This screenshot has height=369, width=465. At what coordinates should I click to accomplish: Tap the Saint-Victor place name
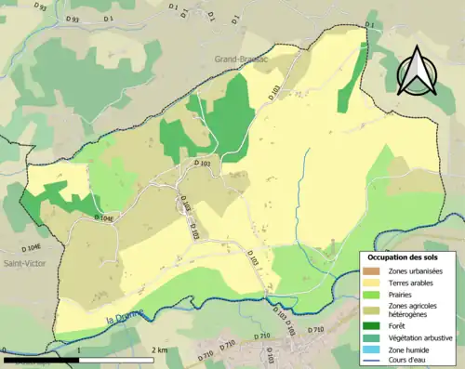tap(20, 263)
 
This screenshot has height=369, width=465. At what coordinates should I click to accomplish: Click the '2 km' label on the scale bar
tap(160, 350)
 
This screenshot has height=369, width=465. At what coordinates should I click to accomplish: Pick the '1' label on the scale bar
tap(79, 350)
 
